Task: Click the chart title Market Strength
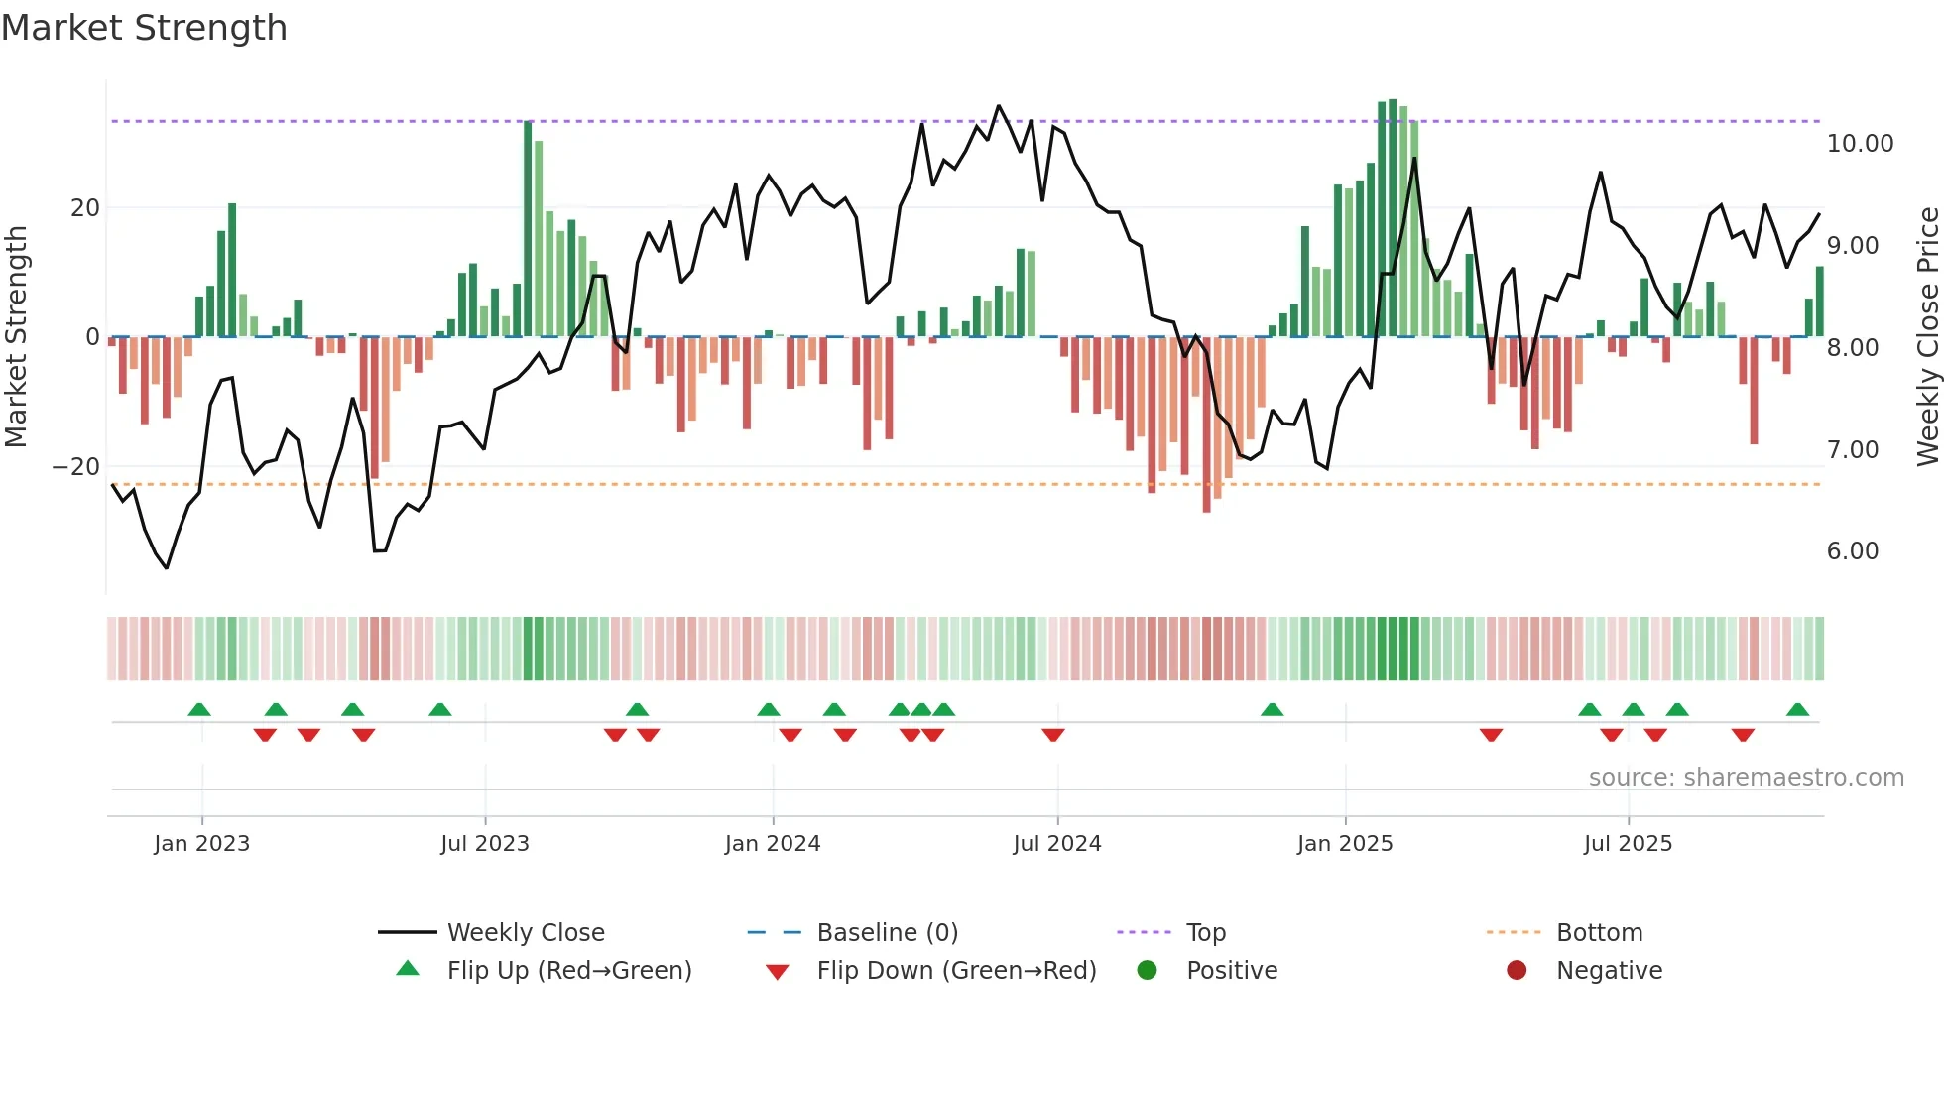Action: point(144,28)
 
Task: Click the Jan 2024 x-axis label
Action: point(773,844)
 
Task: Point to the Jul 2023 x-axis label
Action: point(485,844)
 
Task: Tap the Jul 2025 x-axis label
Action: point(1628,844)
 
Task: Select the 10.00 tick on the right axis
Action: point(1860,144)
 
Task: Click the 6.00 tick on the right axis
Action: point(1852,551)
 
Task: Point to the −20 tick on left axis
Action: point(75,467)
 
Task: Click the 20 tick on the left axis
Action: point(85,208)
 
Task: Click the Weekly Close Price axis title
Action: point(1927,337)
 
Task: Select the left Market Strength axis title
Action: point(17,337)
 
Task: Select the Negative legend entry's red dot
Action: point(1517,970)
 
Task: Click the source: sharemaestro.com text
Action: point(1746,778)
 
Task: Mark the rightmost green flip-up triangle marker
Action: point(1797,710)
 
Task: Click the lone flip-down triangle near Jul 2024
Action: point(1053,735)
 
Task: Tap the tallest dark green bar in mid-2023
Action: point(528,228)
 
